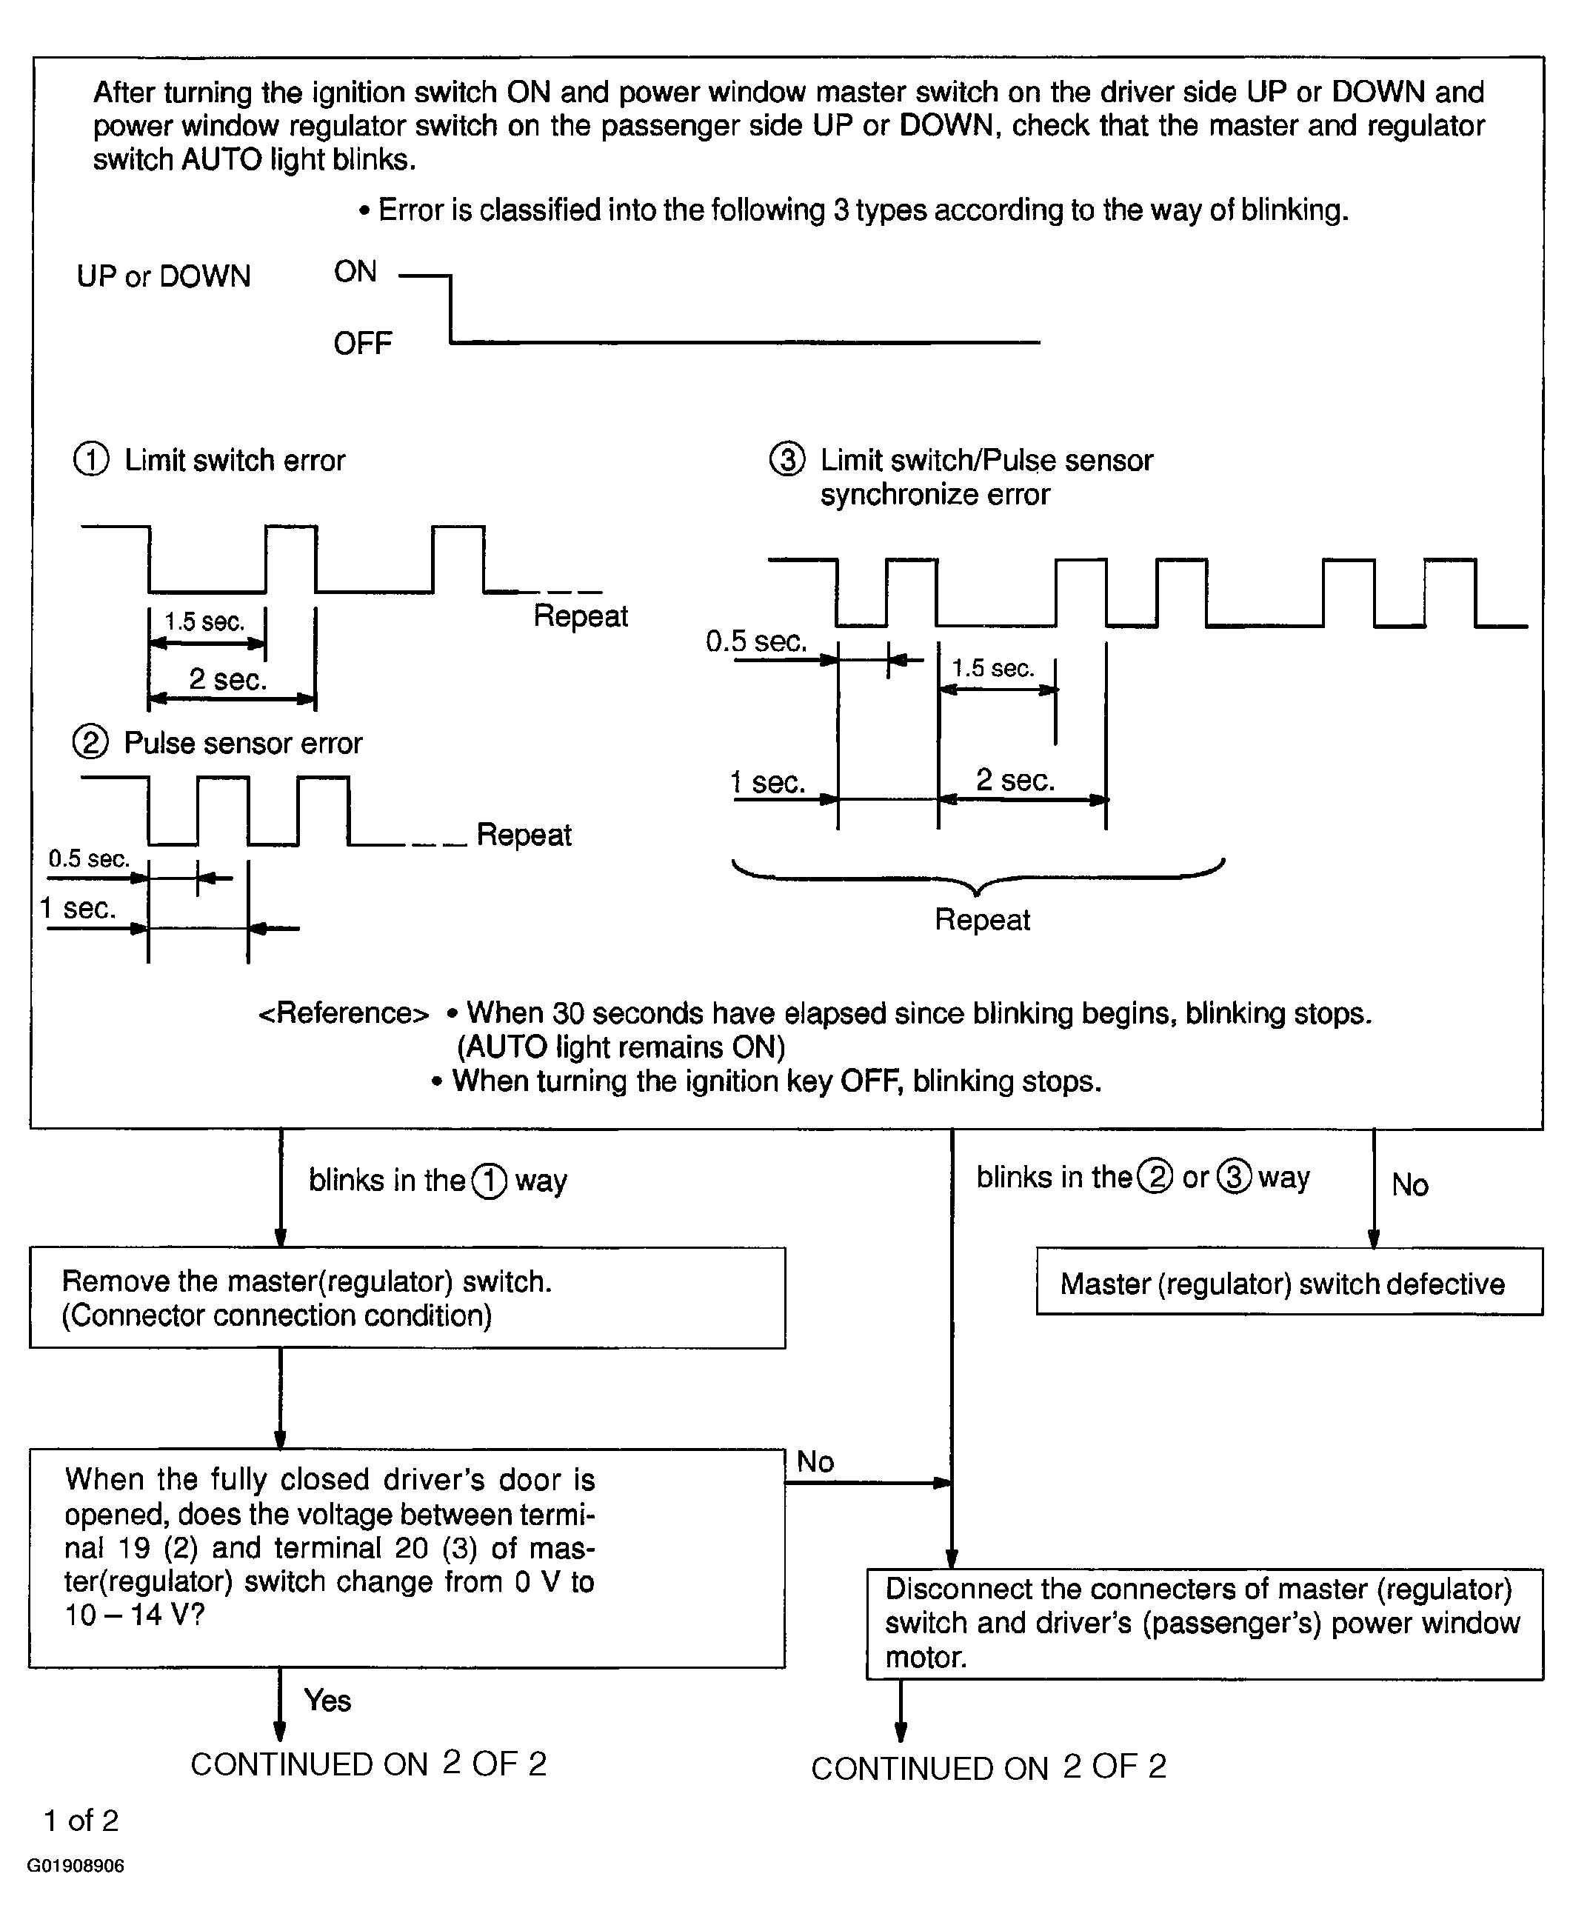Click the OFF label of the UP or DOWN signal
click(362, 344)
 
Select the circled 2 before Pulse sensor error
click(90, 743)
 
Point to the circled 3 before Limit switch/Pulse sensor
click(786, 459)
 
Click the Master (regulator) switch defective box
click(1289, 1281)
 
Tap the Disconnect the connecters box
click(1205, 1624)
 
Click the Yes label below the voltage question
click(327, 1701)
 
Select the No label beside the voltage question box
click(815, 1462)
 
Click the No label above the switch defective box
click(1410, 1185)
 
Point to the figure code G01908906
click(76, 1867)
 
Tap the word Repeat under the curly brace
click(982, 920)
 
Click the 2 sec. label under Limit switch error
click(227, 679)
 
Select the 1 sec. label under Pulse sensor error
click(78, 908)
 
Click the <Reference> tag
click(344, 1013)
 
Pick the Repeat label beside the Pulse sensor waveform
click(524, 835)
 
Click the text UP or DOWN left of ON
click(163, 276)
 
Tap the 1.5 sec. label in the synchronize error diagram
click(993, 669)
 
